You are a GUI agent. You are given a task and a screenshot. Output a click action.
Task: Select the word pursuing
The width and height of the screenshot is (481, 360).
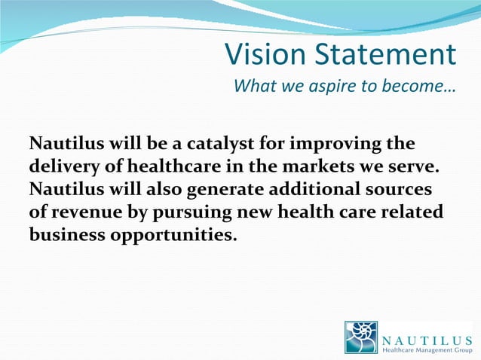tap(188, 212)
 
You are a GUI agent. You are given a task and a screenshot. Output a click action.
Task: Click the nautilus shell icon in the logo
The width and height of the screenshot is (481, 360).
tap(361, 337)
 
